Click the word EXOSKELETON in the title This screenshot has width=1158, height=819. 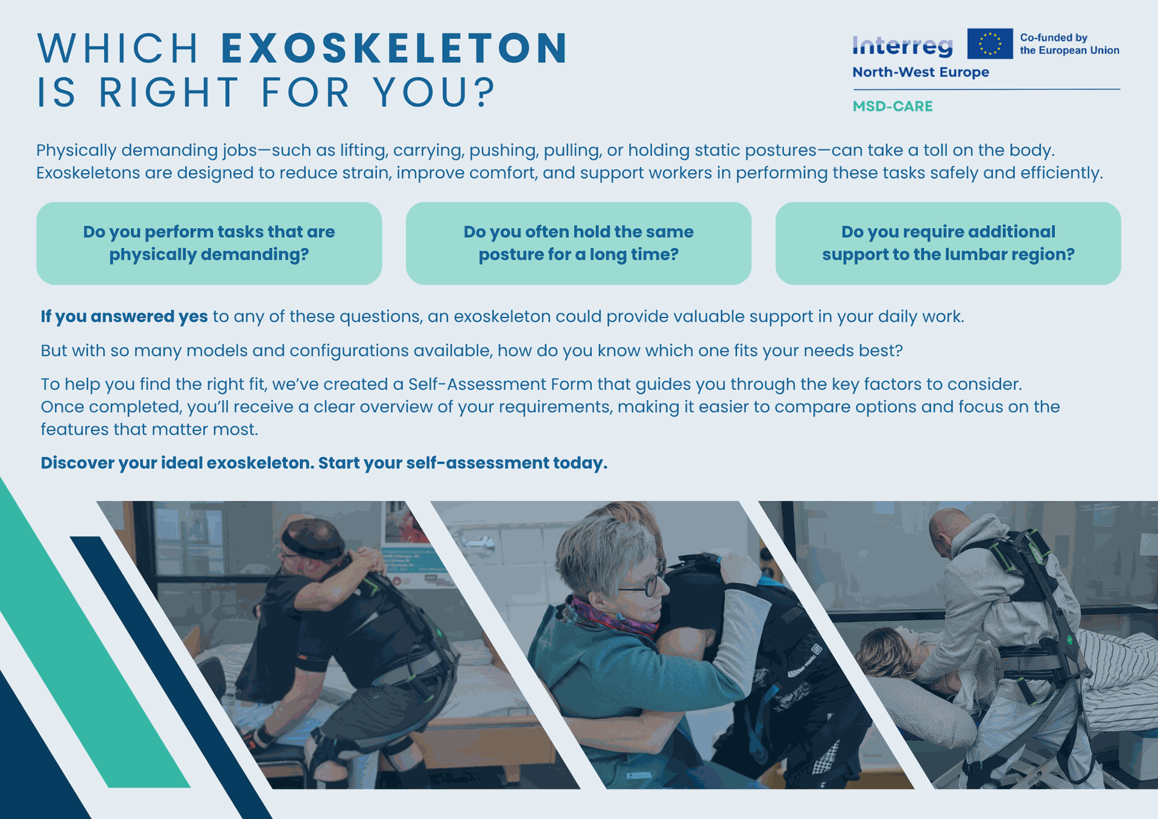click(x=394, y=48)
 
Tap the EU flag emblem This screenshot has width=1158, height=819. click(x=990, y=43)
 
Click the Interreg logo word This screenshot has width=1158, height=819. click(x=902, y=45)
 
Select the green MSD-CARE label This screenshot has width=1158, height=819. click(x=893, y=106)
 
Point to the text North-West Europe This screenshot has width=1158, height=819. click(x=920, y=72)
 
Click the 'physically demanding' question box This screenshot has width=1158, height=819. click(x=209, y=243)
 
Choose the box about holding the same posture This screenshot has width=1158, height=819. click(x=578, y=243)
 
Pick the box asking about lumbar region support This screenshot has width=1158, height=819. click(x=948, y=243)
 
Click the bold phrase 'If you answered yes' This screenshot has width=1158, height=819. click(x=124, y=316)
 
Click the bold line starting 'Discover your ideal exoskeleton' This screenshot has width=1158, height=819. click(x=324, y=463)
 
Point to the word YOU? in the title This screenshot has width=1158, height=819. click(x=434, y=93)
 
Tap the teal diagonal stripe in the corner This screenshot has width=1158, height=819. click(x=90, y=634)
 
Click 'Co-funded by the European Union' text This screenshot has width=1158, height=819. click(x=1069, y=44)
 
